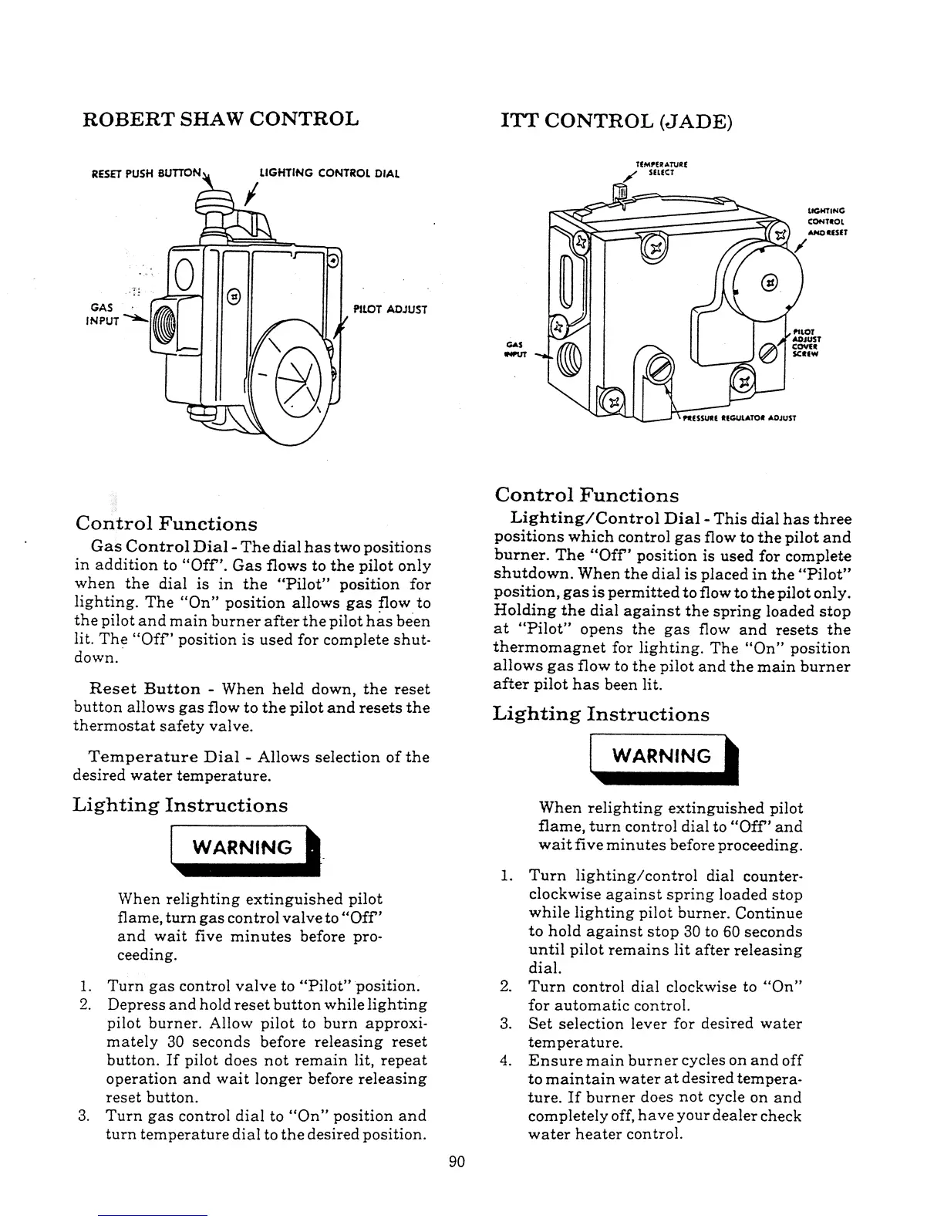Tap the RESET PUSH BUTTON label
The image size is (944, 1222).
(147, 173)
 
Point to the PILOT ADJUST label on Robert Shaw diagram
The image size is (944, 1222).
(389, 309)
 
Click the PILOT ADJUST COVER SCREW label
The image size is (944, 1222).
(805, 346)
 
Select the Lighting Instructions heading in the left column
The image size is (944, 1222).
(180, 805)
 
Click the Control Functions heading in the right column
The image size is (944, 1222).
(586, 495)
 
